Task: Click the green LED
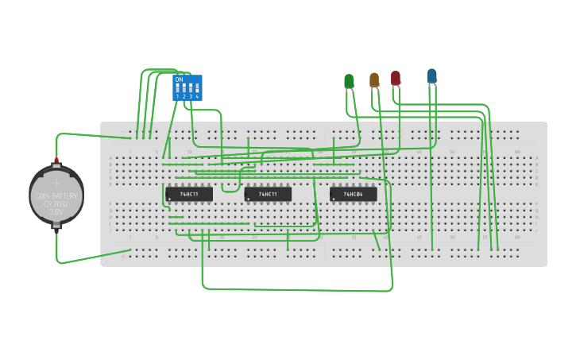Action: [349, 81]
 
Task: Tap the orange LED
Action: [374, 79]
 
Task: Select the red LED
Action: [396, 78]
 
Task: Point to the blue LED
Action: [431, 75]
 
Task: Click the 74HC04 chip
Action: [354, 194]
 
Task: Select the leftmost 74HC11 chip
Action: [189, 194]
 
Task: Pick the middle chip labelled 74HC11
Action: [268, 194]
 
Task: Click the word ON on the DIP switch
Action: [179, 79]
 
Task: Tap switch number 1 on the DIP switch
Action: [177, 89]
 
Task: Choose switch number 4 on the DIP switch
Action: [196, 89]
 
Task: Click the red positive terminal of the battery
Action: [56, 160]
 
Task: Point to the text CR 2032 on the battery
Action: [56, 204]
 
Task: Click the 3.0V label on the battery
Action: [56, 212]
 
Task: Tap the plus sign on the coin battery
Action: [56, 183]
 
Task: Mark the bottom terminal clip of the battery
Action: [56, 225]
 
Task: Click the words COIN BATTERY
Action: [56, 196]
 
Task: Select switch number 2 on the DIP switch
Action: [184, 89]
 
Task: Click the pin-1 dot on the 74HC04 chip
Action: [334, 199]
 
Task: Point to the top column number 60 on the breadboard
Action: [517, 152]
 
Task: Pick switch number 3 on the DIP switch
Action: [190, 89]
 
